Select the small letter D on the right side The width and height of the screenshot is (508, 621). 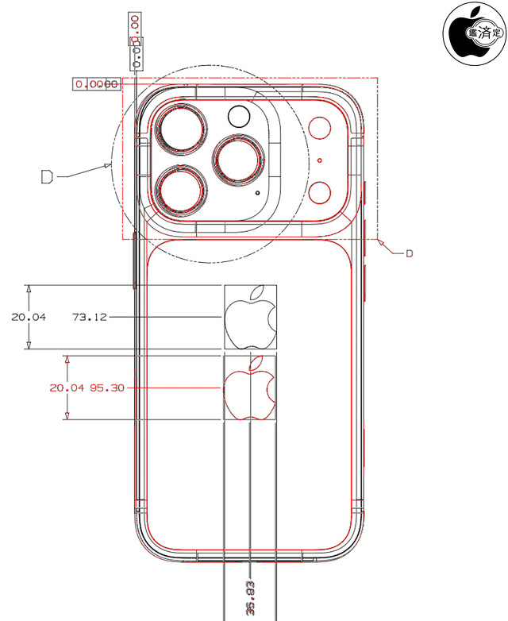click(x=410, y=253)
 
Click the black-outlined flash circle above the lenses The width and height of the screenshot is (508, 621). click(x=238, y=118)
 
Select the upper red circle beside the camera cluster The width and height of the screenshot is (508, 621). click(x=321, y=130)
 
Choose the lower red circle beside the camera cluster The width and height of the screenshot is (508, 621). click(x=321, y=191)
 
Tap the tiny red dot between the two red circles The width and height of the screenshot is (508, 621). click(x=319, y=160)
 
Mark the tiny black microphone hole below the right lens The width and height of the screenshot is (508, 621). click(x=256, y=192)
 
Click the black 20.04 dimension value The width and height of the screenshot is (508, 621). click(x=29, y=317)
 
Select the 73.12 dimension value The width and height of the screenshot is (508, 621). click(x=89, y=317)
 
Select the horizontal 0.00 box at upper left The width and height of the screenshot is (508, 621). click(x=96, y=83)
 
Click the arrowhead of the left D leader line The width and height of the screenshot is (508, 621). click(x=110, y=166)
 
